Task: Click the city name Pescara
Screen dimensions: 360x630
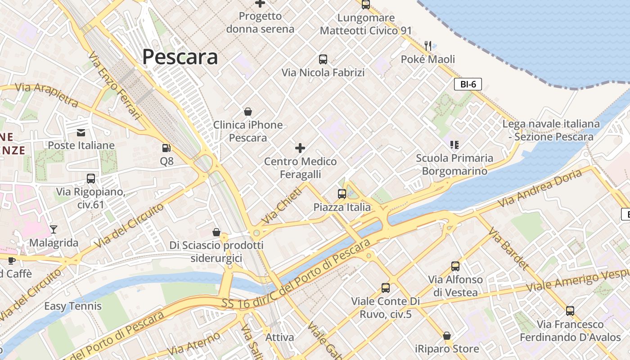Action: pyautogui.click(x=180, y=57)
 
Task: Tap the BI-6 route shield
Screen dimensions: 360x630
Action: pyautogui.click(x=468, y=84)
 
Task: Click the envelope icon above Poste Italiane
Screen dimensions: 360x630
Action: pyautogui.click(x=81, y=132)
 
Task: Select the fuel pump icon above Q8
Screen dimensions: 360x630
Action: pyautogui.click(x=166, y=148)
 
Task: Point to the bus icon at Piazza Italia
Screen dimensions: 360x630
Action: pyautogui.click(x=342, y=194)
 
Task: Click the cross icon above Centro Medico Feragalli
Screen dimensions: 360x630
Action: pyautogui.click(x=300, y=148)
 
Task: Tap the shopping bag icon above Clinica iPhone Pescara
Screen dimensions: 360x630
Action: pyautogui.click(x=247, y=112)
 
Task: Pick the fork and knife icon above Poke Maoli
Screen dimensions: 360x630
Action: pyautogui.click(x=428, y=46)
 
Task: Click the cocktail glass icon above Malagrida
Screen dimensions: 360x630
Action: pyautogui.click(x=54, y=229)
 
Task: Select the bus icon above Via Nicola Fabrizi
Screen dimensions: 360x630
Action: pyautogui.click(x=323, y=59)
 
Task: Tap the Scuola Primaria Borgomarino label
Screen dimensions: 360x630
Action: pyautogui.click(x=454, y=164)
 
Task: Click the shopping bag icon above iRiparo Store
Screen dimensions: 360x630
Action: pyautogui.click(x=447, y=336)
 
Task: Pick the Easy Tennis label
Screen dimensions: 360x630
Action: pyautogui.click(x=73, y=306)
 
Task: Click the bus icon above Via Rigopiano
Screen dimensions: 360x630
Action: pyautogui.click(x=91, y=179)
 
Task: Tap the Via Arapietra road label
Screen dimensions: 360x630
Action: pyautogui.click(x=47, y=94)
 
